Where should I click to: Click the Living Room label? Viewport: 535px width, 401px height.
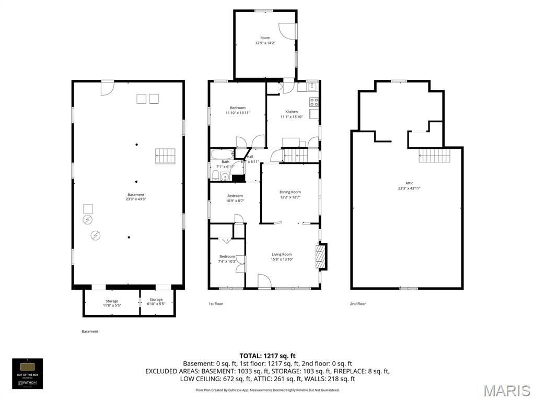pyautogui.click(x=282, y=254)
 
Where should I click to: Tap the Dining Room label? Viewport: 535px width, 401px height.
pyautogui.click(x=290, y=192)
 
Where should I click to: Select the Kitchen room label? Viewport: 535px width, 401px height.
pyautogui.click(x=292, y=112)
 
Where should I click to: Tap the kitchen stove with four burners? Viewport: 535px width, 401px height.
pyautogui.click(x=314, y=101)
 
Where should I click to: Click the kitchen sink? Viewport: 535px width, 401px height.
pyautogui.click(x=312, y=87)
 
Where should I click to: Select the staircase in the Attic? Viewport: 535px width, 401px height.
pyautogui.click(x=431, y=155)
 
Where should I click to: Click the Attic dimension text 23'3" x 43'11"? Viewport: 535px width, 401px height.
pyautogui.click(x=409, y=188)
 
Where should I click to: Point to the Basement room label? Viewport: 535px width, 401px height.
pyautogui.click(x=136, y=195)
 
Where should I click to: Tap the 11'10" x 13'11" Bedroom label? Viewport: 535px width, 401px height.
pyautogui.click(x=238, y=108)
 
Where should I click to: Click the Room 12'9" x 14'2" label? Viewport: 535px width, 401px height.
pyautogui.click(x=265, y=38)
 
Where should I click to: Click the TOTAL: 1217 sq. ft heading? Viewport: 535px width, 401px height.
pyautogui.click(x=267, y=356)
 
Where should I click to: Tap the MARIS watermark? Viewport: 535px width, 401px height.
pyautogui.click(x=506, y=391)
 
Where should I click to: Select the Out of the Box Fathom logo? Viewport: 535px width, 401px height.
pyautogui.click(x=28, y=373)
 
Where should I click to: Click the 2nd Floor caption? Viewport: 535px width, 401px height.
pyautogui.click(x=358, y=303)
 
